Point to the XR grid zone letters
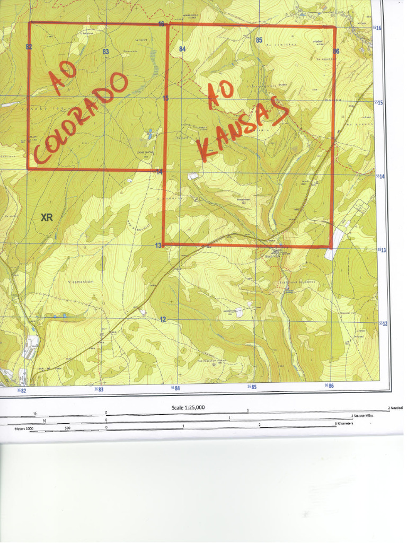47,217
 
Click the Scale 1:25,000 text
188,407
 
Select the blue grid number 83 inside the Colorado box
105,51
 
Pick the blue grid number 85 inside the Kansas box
259,40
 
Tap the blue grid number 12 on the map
163,319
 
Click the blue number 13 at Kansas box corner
158,245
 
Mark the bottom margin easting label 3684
175,388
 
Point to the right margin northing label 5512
383,323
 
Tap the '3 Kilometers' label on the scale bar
344,424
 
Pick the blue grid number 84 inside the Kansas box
182,49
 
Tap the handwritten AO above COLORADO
63,79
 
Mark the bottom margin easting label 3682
21,390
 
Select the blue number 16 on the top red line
162,24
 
